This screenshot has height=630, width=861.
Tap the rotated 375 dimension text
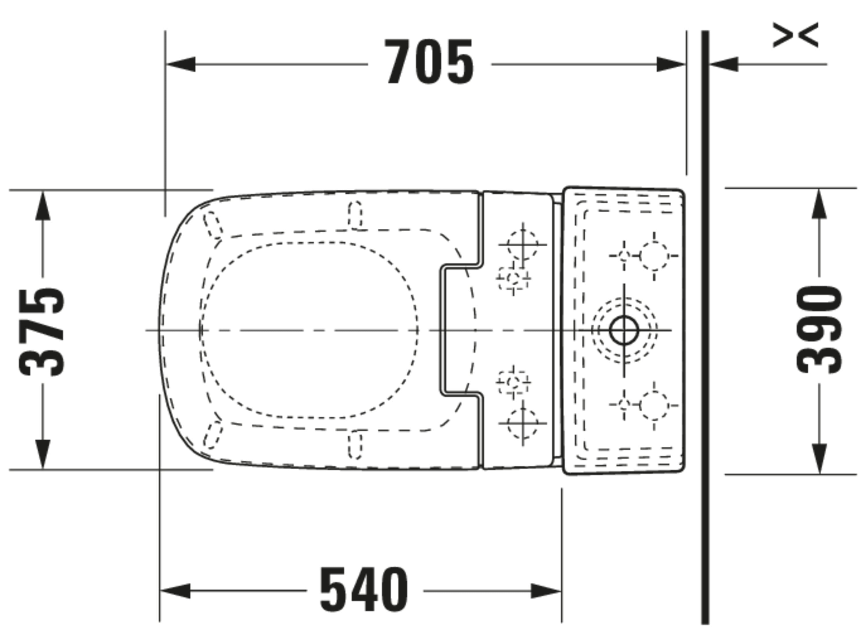[x=42, y=332]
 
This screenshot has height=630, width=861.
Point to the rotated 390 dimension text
[x=819, y=330]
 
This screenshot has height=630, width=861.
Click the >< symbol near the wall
[x=795, y=35]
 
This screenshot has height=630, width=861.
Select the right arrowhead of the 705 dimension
[x=671, y=65]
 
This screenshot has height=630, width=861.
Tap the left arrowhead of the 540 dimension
[x=175, y=591]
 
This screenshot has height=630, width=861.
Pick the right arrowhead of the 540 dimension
[x=546, y=591]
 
